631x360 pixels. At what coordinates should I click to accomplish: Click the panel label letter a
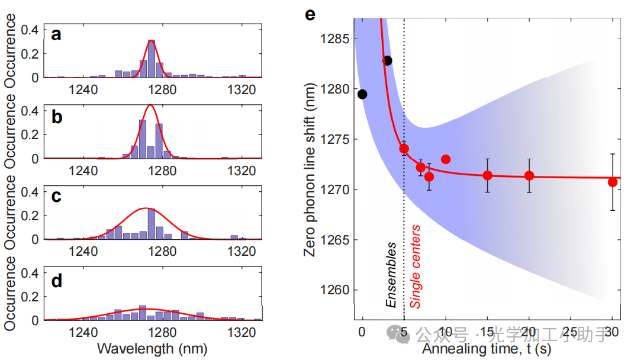56,35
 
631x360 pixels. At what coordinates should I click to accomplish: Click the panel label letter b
57,117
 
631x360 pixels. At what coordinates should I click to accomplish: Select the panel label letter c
56,197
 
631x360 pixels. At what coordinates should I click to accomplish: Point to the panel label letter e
310,13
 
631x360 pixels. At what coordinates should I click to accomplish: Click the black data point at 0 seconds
362,94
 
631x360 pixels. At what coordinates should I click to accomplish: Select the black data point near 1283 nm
387,60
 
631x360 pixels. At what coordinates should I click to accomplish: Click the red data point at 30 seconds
613,182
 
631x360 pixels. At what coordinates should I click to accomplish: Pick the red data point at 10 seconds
446,159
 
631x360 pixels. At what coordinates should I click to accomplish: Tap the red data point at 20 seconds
529,175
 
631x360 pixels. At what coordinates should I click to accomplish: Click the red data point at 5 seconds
404,149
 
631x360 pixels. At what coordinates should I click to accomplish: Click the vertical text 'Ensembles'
391,274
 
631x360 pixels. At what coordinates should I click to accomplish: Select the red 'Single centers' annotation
416,266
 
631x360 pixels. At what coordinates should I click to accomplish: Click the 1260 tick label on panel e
335,290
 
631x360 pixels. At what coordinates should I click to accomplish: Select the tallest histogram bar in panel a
152,59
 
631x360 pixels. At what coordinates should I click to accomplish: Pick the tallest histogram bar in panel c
152,224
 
